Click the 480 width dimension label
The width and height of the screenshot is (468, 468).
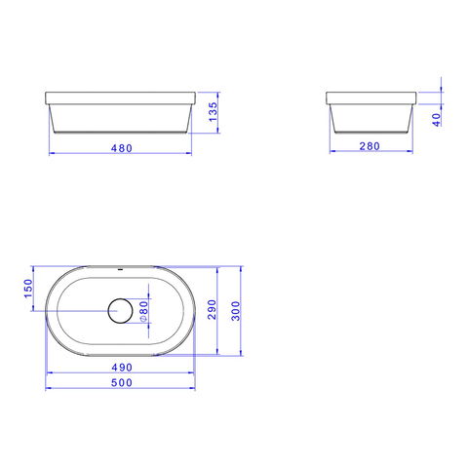click(x=122, y=148)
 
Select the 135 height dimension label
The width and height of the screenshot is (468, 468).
click(x=213, y=112)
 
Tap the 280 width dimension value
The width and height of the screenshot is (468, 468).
click(x=370, y=146)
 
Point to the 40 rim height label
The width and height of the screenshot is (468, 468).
click(x=437, y=120)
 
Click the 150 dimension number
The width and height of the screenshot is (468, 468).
click(x=28, y=289)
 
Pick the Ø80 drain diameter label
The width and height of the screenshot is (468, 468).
click(x=143, y=311)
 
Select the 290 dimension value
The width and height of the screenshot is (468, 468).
click(x=212, y=309)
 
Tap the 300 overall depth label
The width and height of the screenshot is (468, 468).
click(x=236, y=311)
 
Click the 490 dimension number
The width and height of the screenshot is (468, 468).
click(x=122, y=368)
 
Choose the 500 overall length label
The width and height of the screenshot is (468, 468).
click(x=122, y=382)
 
